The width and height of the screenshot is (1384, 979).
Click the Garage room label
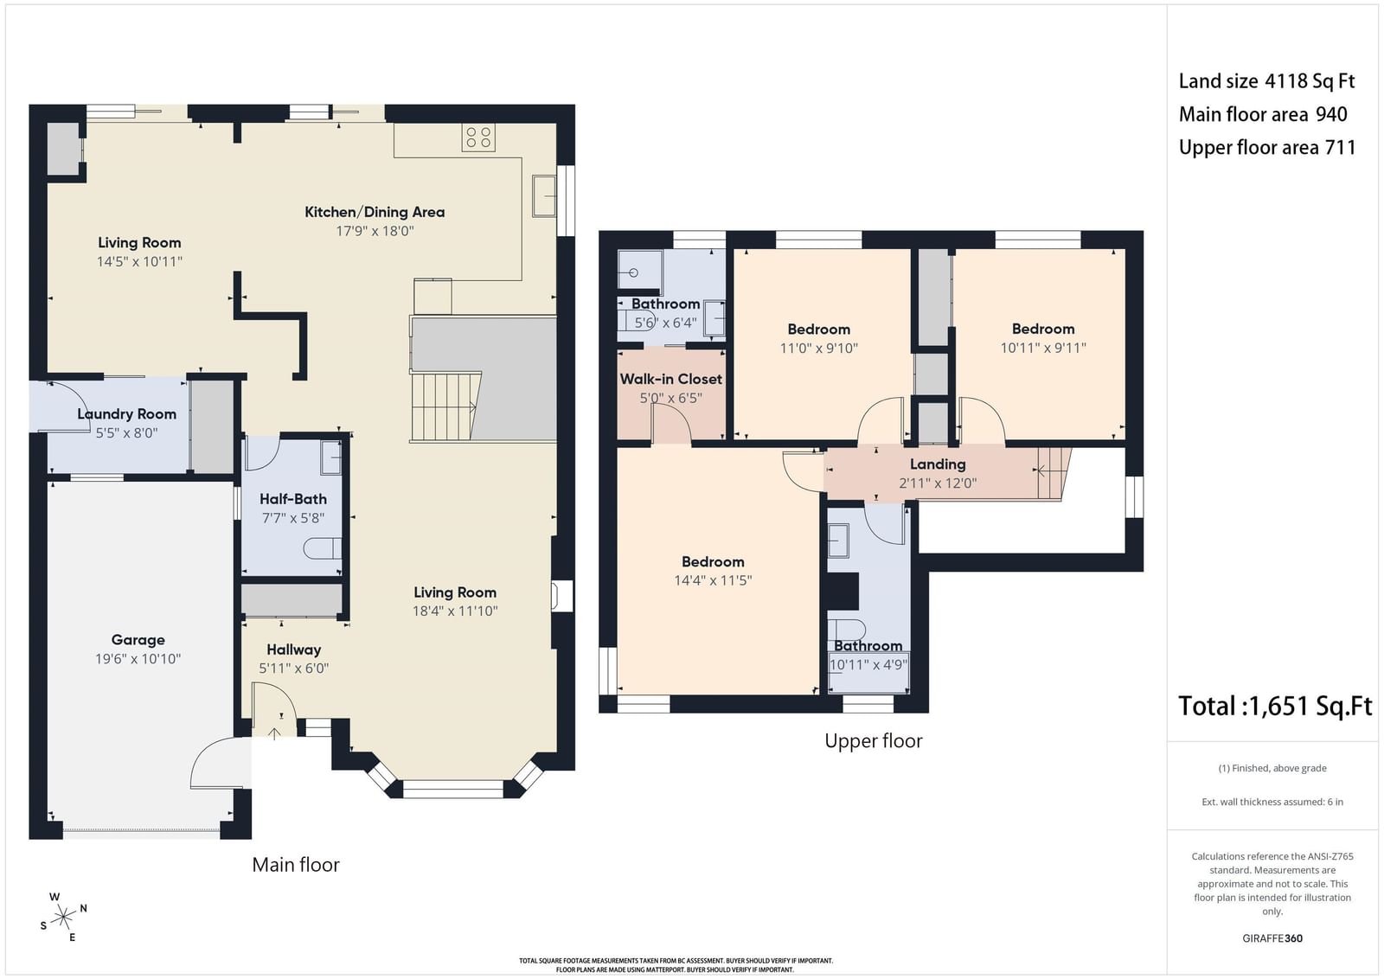point(138,640)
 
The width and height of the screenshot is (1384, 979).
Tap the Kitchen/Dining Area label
point(375,212)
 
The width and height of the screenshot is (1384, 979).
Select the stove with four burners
point(478,138)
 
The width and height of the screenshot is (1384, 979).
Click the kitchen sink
point(544,195)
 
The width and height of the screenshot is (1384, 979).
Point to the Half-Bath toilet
point(323,548)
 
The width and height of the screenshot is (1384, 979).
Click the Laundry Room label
point(126,414)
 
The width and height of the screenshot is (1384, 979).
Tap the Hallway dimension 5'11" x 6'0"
point(293,668)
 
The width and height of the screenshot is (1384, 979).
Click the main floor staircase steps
point(444,406)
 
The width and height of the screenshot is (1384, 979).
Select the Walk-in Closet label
point(671,379)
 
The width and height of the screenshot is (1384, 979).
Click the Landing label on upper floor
point(938,464)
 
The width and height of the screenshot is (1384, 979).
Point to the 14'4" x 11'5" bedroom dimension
point(713,580)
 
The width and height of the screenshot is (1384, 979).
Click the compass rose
point(63,918)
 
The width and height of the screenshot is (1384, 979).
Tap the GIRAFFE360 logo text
point(1272,938)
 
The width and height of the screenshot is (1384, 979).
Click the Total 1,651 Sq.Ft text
point(1275,706)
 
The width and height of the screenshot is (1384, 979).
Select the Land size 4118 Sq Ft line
point(1266,81)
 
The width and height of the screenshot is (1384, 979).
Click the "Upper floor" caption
point(873,740)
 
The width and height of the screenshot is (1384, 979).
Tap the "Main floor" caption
point(295,864)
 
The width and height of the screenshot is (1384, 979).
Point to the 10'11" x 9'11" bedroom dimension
point(1043,348)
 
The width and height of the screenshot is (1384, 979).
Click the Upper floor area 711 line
point(1267,148)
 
